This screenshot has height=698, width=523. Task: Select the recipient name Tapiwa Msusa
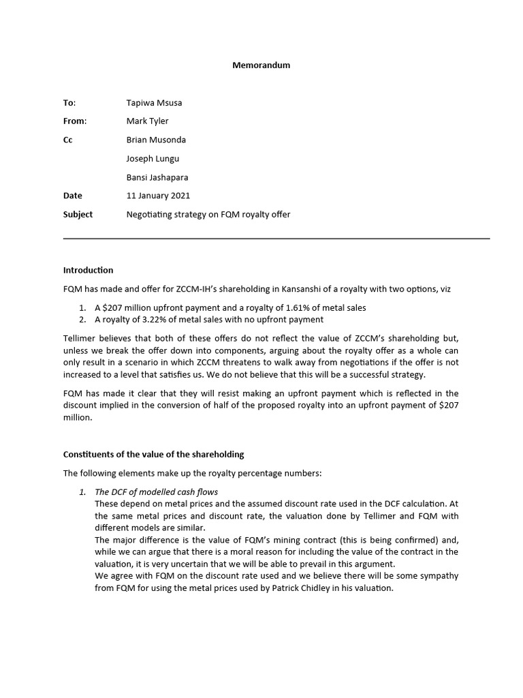pyautogui.click(x=154, y=103)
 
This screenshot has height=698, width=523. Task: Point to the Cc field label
pyautogui.click(x=68, y=140)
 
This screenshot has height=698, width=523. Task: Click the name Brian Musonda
pyautogui.click(x=156, y=140)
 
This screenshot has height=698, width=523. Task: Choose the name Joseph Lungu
pyautogui.click(x=151, y=158)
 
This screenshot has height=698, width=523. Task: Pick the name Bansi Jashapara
pyautogui.click(x=157, y=177)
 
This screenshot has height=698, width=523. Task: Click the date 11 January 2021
pyautogui.click(x=158, y=196)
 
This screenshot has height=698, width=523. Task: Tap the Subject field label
pyautogui.click(x=78, y=214)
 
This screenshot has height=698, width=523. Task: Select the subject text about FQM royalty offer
pyautogui.click(x=208, y=214)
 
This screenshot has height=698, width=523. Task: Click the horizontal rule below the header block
pyautogui.click(x=276, y=239)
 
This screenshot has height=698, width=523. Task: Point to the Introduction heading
pyautogui.click(x=88, y=270)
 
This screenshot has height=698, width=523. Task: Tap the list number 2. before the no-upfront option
pyautogui.click(x=83, y=319)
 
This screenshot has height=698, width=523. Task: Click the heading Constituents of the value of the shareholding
pyautogui.click(x=153, y=454)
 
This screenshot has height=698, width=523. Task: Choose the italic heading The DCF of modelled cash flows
pyautogui.click(x=156, y=492)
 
